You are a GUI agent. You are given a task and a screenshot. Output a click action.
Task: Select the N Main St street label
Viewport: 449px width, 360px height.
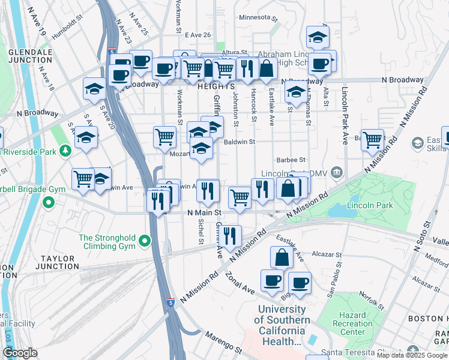[x=205, y=212]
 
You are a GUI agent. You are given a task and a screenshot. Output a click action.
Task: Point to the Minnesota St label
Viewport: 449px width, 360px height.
[x=259, y=17]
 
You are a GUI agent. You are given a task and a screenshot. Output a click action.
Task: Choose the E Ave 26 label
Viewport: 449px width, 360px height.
[x=198, y=35]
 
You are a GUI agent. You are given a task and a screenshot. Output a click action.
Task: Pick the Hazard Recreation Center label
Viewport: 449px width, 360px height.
[x=352, y=324]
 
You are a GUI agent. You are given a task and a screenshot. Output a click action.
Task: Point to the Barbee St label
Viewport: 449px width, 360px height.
[x=291, y=160]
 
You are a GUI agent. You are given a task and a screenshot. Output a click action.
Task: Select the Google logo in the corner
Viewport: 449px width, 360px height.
[x=20, y=352]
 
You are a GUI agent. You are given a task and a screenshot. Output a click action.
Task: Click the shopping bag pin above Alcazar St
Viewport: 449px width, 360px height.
[x=282, y=257]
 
